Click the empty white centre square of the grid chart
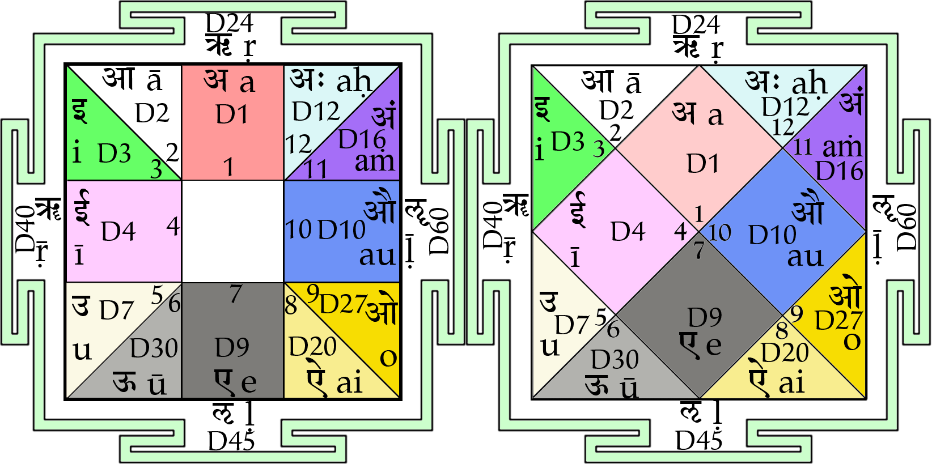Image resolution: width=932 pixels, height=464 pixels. [x=232, y=231]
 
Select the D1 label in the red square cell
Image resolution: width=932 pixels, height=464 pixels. [x=232, y=114]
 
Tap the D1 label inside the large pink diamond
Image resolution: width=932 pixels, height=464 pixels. [x=702, y=164]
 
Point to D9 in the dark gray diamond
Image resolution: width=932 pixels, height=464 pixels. [x=705, y=318]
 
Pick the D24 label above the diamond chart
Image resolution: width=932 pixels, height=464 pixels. [x=696, y=24]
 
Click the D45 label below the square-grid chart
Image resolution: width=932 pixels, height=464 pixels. [x=231, y=441]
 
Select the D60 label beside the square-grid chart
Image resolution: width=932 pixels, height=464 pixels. [x=439, y=231]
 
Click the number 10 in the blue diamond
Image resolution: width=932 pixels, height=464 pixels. [x=719, y=232]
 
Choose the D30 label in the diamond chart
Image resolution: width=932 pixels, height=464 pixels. [x=615, y=359]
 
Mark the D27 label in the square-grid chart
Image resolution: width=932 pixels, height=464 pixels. [x=343, y=304]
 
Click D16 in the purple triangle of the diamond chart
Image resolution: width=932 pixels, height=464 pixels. [x=839, y=171]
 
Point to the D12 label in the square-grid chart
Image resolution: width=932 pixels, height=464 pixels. [x=316, y=112]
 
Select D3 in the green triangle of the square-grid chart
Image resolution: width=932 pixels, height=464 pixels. [x=114, y=154]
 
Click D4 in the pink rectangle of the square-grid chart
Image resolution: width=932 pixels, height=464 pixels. [x=118, y=231]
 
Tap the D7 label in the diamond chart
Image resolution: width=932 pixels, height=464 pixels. [x=571, y=325]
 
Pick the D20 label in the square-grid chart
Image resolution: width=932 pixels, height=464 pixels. [x=312, y=347]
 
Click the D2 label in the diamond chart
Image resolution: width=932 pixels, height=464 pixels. [x=616, y=110]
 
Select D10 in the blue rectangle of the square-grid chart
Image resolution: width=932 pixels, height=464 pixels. [x=341, y=230]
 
